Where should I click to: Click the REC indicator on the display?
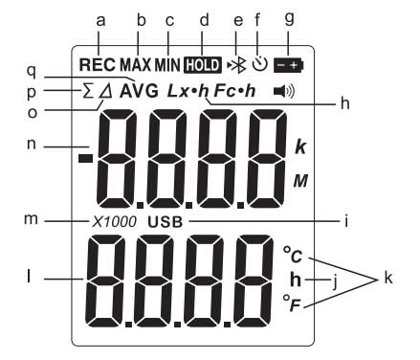point(97,65)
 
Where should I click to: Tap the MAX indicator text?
point(135,65)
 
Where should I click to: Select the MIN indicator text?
point(167,65)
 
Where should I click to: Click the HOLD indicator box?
point(203,65)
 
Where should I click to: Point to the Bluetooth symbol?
point(237,65)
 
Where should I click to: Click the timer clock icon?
point(259,64)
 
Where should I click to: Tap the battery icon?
point(289,65)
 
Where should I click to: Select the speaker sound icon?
point(284,92)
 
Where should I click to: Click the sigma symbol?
point(87,92)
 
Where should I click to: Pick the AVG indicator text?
point(139,92)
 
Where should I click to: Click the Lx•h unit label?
point(188,91)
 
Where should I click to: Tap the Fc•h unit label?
point(235,91)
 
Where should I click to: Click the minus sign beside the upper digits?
point(85,158)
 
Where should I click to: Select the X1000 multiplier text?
point(114,222)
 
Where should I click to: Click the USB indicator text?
point(166,222)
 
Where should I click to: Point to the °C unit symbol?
point(293,255)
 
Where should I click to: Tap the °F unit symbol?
point(292,304)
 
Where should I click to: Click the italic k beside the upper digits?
point(300,147)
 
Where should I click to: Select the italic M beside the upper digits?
point(300,181)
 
